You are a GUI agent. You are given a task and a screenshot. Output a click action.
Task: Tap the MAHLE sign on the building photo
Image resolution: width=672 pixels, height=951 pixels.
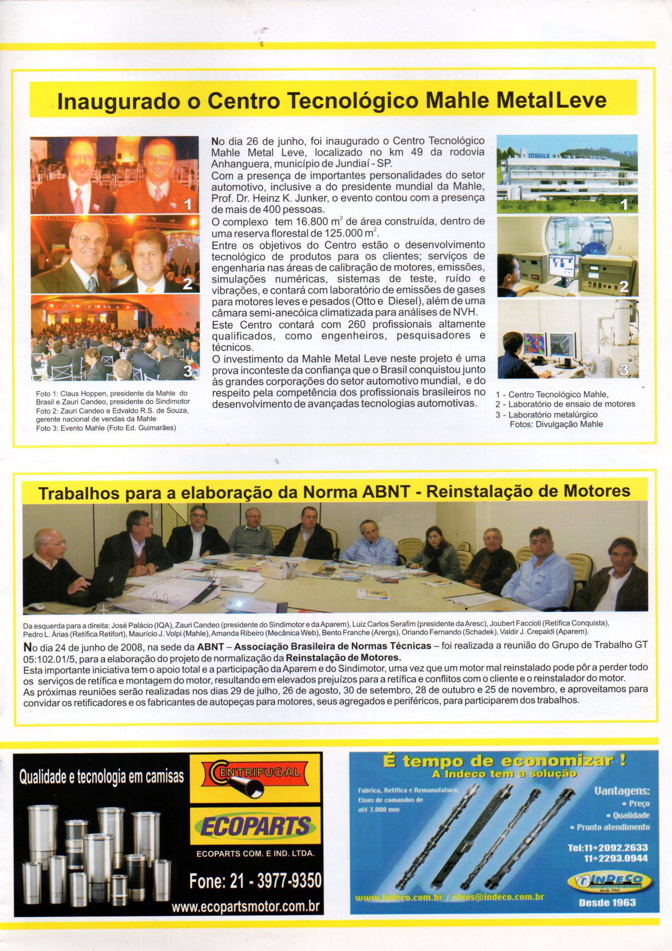coord(538,155)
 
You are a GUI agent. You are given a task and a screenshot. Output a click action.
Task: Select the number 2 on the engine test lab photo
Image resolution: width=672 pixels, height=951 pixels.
coord(624,287)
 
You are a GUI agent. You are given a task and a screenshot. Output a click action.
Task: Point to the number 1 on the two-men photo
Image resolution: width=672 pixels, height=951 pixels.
coord(188,204)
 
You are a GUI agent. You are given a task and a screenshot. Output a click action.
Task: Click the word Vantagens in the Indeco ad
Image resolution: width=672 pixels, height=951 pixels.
coord(622,791)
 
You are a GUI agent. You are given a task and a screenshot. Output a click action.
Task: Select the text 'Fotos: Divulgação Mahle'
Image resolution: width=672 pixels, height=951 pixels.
coord(556,424)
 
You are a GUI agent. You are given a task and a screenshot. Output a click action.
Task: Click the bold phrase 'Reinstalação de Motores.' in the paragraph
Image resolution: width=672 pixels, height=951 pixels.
coord(343,658)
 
